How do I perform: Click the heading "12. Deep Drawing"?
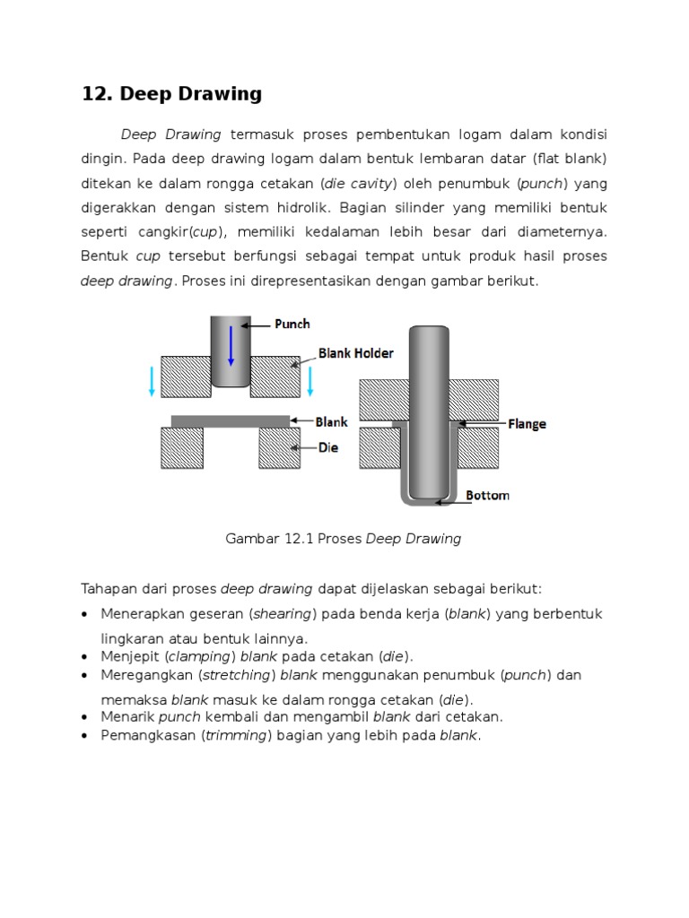(171, 94)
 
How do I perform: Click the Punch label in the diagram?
(292, 324)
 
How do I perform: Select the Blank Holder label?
(355, 353)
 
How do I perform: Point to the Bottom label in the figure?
(488, 495)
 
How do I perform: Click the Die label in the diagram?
(327, 446)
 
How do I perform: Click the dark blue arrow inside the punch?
(231, 345)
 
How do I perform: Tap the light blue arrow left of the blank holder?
(153, 380)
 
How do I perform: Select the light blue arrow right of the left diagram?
(310, 380)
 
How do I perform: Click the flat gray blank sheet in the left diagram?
(231, 420)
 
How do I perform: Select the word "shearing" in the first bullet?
(283, 614)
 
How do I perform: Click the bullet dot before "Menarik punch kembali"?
(84, 717)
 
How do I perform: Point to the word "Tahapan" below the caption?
(109, 588)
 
